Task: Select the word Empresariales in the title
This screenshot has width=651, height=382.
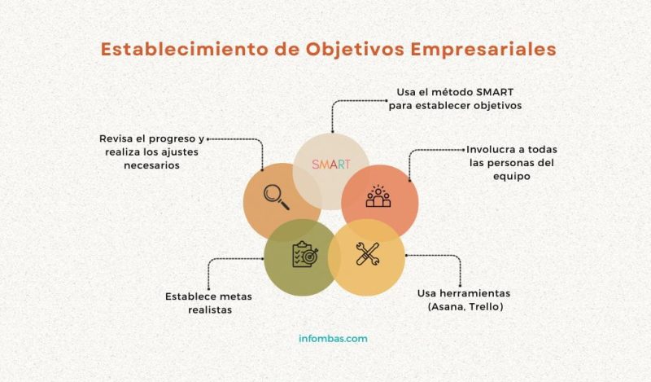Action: (x=491, y=49)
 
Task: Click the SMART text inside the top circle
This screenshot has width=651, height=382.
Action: (x=331, y=165)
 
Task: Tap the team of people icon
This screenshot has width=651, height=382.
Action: (x=378, y=197)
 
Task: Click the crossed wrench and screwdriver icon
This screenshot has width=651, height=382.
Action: (x=366, y=254)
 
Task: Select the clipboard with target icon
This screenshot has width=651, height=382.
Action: (x=303, y=255)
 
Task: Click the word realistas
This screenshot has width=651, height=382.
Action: (x=198, y=310)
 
